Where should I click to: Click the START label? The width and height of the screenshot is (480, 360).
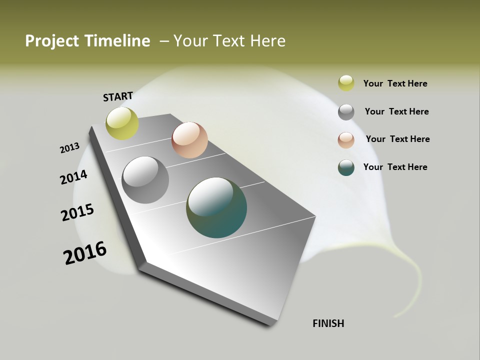pyautogui.click(x=118, y=96)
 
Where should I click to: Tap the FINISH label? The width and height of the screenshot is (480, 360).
pyautogui.click(x=328, y=323)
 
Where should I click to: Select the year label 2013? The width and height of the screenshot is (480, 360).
pyautogui.click(x=70, y=148)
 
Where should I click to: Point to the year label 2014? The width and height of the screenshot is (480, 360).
pyautogui.click(x=74, y=177)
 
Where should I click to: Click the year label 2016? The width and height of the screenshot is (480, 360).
pyautogui.click(x=85, y=252)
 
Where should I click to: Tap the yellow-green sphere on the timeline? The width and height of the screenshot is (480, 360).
pyautogui.click(x=122, y=123)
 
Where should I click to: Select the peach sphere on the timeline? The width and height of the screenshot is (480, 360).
pyautogui.click(x=189, y=140)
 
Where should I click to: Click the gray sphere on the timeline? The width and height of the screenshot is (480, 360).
pyautogui.click(x=145, y=180)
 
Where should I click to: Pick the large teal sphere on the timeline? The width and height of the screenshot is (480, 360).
pyautogui.click(x=216, y=207)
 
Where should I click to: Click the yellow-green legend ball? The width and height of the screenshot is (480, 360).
pyautogui.click(x=346, y=83)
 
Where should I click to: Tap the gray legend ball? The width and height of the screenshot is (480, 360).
pyautogui.click(x=346, y=112)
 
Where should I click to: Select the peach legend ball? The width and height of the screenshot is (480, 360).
pyautogui.click(x=346, y=139)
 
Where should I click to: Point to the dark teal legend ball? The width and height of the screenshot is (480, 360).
pyautogui.click(x=346, y=167)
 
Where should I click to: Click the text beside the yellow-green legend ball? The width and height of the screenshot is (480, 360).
pyautogui.click(x=395, y=83)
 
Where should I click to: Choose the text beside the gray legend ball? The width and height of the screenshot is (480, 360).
pyautogui.click(x=396, y=111)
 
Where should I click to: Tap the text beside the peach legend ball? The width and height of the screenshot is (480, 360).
pyautogui.click(x=397, y=139)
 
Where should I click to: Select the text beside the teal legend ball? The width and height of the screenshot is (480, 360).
pyautogui.click(x=395, y=167)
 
